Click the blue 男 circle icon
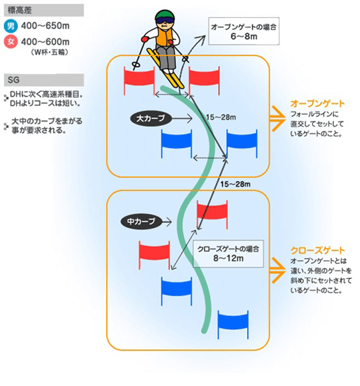[11, 26]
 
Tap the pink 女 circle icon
[11, 41]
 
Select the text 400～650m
[45, 26]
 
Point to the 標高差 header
[44, 11]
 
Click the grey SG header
[44, 80]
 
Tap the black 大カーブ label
[151, 119]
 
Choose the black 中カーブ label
[141, 221]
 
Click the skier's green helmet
[165, 15]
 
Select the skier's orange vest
[164, 37]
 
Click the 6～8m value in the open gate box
[244, 37]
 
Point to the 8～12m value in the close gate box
[229, 258]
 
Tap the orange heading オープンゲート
[317, 103]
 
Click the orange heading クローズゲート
[317, 251]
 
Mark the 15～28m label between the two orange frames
[235, 184]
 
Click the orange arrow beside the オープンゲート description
[278, 119]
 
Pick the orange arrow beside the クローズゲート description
[278, 271]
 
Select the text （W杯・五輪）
[49, 53]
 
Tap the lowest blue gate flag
[233, 325]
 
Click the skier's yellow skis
[165, 68]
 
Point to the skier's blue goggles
[165, 21]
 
